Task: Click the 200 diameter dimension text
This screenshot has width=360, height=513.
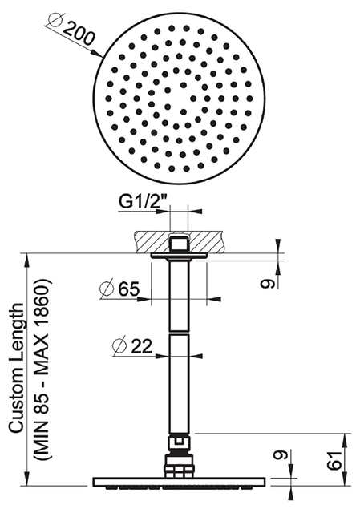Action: click(x=79, y=34)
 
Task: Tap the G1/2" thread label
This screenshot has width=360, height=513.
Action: click(x=140, y=202)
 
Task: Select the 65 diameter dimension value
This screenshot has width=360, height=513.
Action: click(x=129, y=289)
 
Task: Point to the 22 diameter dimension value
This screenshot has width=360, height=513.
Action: click(x=142, y=346)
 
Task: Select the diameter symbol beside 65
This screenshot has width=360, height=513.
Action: click(x=107, y=289)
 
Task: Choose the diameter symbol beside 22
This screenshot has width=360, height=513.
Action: click(x=120, y=346)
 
